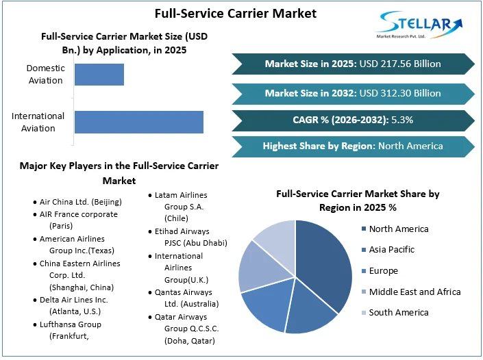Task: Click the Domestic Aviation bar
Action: point(99,74)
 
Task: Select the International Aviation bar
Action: point(138,122)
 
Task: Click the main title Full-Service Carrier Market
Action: point(226,13)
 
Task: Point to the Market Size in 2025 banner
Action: point(353,64)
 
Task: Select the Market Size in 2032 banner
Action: point(353,92)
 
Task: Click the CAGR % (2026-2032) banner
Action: point(353,120)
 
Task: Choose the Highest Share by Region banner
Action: point(353,146)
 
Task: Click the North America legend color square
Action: point(362,229)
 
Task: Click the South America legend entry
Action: point(398,313)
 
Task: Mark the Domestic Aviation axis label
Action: point(45,74)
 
